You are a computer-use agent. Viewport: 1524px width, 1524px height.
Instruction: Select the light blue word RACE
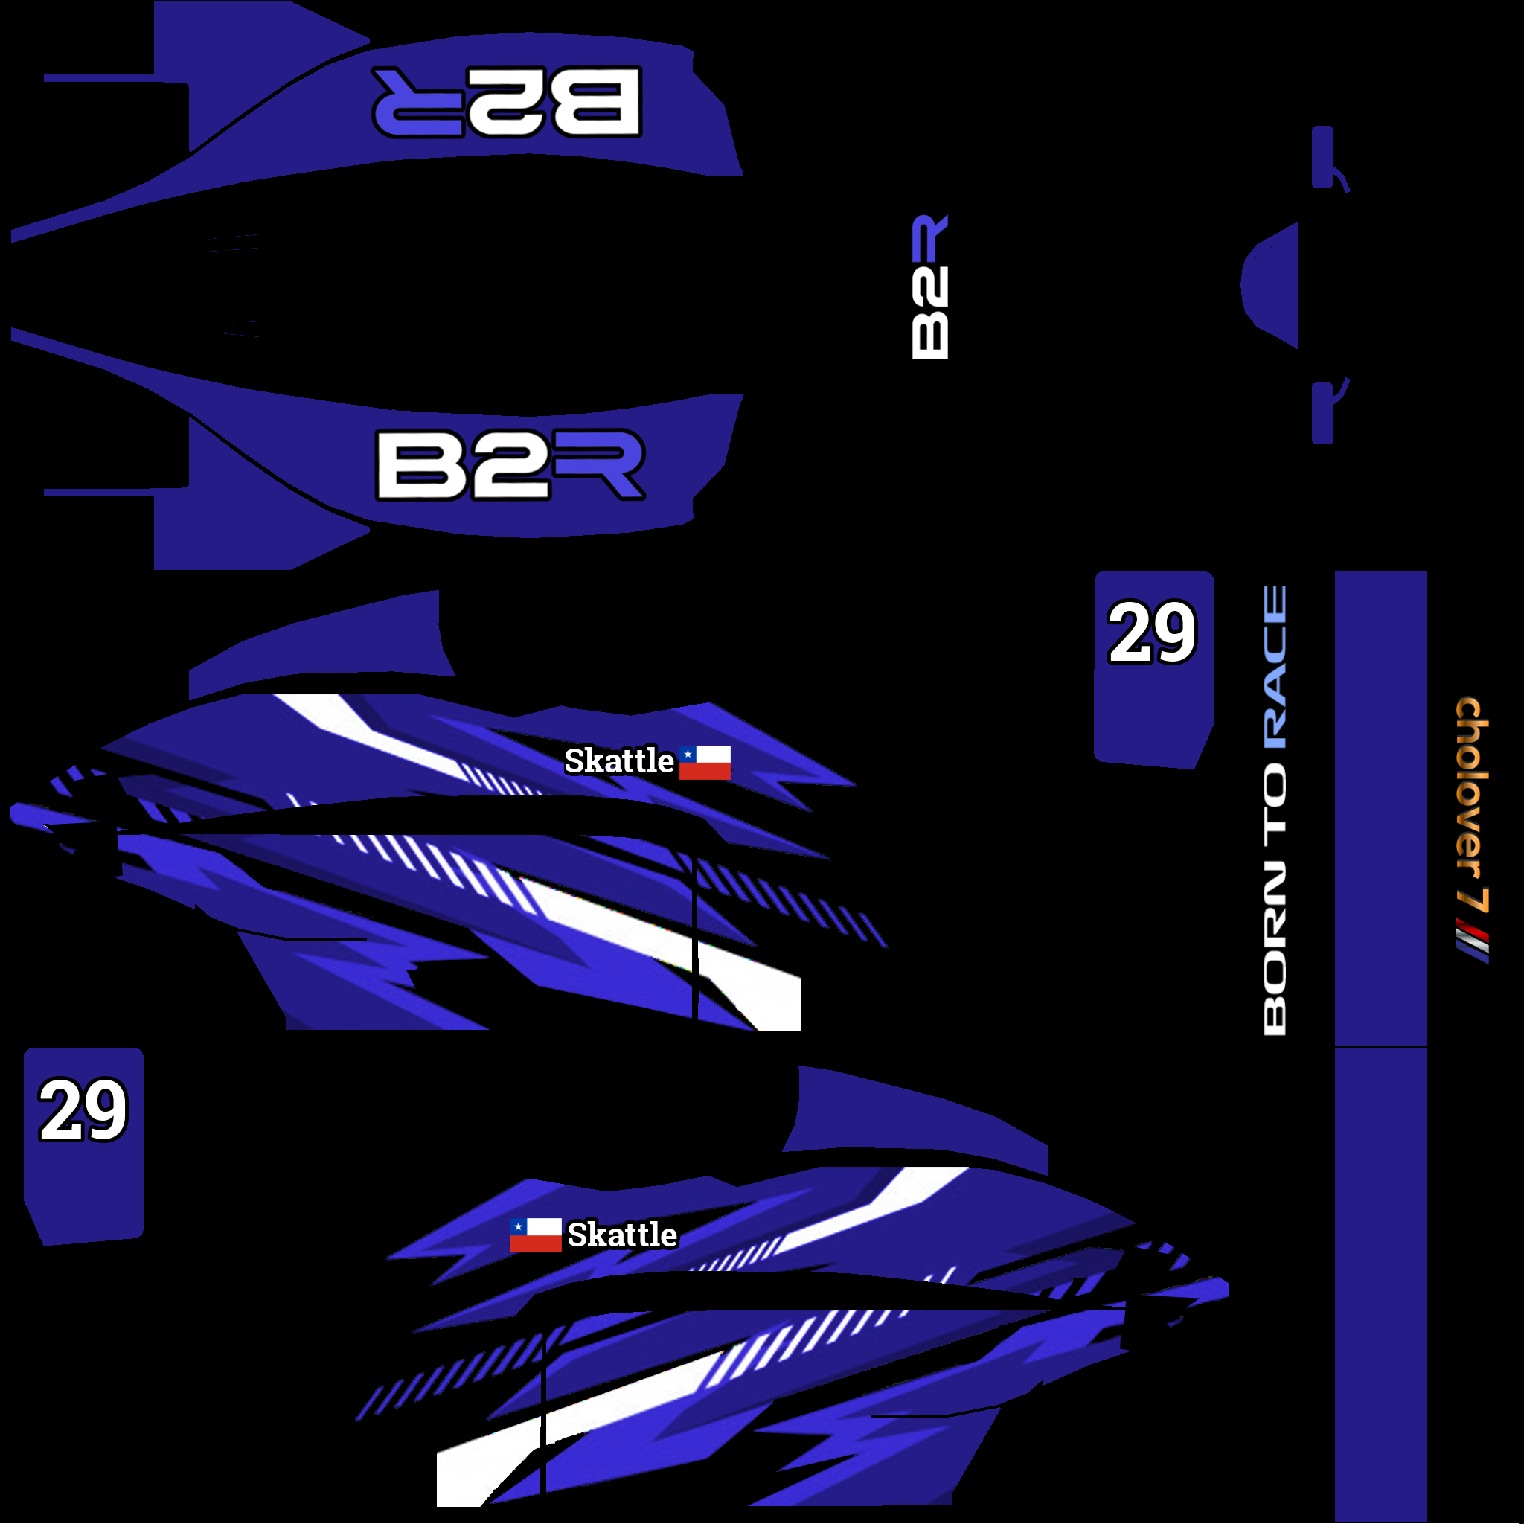pyautogui.click(x=1275, y=667)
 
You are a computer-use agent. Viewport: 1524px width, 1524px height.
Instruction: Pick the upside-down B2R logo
pyautogui.click(x=507, y=102)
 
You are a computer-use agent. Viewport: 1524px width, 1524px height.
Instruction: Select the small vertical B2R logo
pyautogui.click(x=930, y=287)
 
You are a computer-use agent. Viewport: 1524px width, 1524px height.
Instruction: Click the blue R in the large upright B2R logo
pyautogui.click(x=598, y=464)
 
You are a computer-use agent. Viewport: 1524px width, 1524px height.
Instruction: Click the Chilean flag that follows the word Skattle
pyautogui.click(x=705, y=763)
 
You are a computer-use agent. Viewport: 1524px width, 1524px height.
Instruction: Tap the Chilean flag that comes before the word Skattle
pyautogui.click(x=536, y=1235)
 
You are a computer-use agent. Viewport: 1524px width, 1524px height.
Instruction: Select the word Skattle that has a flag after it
pyautogui.click(x=619, y=761)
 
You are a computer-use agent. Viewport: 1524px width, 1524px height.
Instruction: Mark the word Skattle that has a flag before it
pyautogui.click(x=622, y=1235)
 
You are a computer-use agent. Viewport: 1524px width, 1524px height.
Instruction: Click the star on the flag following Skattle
pyautogui.click(x=688, y=754)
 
